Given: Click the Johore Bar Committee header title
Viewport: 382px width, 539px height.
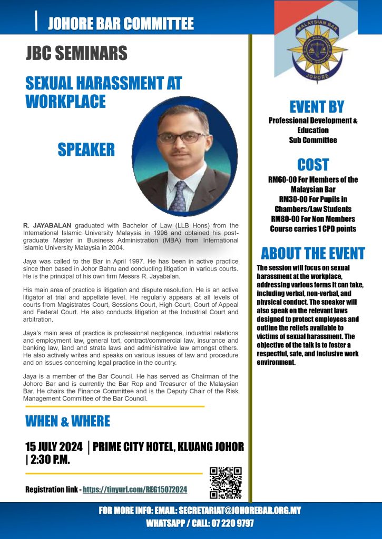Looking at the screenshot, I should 121,24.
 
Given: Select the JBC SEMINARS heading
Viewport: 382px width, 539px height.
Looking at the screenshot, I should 76,53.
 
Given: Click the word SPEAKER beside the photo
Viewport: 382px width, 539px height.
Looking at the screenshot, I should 86,149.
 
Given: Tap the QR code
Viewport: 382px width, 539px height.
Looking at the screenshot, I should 226,482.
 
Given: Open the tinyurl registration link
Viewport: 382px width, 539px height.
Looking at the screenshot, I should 135,490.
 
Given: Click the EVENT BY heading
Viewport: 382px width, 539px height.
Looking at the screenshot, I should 317,107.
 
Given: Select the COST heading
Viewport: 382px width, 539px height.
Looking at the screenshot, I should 313,164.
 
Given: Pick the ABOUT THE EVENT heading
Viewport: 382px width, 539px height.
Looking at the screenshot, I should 313,253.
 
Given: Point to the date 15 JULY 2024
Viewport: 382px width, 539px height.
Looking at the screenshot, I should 54,447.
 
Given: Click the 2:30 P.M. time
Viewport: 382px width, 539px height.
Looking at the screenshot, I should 50,460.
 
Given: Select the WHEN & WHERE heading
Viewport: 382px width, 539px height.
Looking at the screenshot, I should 67,421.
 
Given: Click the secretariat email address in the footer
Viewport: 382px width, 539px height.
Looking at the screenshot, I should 240,511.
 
